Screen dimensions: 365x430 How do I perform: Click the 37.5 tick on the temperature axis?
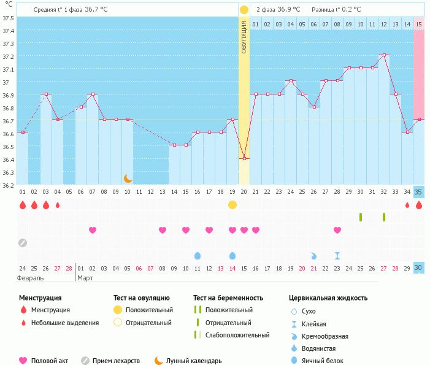click(8, 18)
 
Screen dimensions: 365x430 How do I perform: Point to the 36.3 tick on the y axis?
click(8, 172)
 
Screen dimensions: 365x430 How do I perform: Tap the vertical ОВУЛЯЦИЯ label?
click(244, 37)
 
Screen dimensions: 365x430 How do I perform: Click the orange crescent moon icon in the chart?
click(128, 178)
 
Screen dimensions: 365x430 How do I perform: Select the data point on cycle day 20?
click(244, 158)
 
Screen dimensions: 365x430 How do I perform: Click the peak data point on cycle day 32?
click(384, 55)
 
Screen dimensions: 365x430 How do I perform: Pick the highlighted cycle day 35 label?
click(419, 192)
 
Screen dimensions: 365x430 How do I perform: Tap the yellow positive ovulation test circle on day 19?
click(232, 205)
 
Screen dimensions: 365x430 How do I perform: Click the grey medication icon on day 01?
click(23, 243)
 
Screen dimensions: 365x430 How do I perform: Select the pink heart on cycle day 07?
click(93, 230)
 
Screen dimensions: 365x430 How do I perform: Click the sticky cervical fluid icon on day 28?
click(337, 255)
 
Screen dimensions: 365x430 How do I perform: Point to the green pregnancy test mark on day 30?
click(361, 217)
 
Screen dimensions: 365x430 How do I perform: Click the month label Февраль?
click(29, 278)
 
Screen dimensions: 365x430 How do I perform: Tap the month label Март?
click(86, 278)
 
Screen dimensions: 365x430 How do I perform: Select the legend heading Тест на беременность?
click(228, 298)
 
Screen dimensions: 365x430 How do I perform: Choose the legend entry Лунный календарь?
click(194, 361)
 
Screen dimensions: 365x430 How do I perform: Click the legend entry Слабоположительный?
click(237, 335)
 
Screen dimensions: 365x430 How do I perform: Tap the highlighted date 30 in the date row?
click(419, 267)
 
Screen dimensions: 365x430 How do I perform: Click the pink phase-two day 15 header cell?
click(419, 24)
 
